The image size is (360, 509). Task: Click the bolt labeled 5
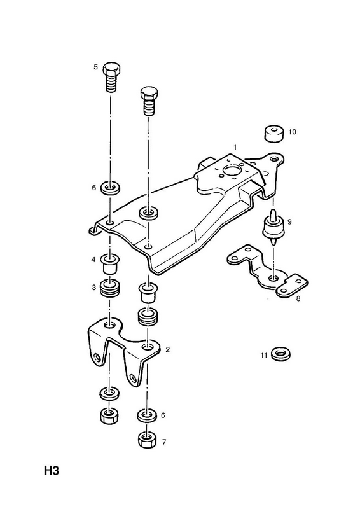[112, 77]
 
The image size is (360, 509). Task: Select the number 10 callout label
[292, 132]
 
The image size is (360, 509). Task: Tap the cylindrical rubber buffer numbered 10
[273, 134]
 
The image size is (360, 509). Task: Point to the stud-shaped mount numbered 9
[272, 227]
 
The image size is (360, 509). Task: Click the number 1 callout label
[235, 148]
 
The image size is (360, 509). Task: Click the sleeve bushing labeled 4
[110, 264]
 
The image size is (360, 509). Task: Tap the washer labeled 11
[280, 354]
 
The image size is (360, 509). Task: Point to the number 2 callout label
[167, 349]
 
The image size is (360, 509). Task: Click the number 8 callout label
[298, 298]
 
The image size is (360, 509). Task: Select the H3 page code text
[52, 471]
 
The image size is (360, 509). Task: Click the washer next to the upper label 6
[111, 188]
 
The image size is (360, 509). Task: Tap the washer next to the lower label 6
[147, 416]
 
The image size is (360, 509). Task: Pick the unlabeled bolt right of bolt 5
[149, 101]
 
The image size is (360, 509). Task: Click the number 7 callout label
[164, 442]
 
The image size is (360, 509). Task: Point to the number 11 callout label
[263, 356]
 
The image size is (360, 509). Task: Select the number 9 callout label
[289, 221]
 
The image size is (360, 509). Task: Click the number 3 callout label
[93, 288]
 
